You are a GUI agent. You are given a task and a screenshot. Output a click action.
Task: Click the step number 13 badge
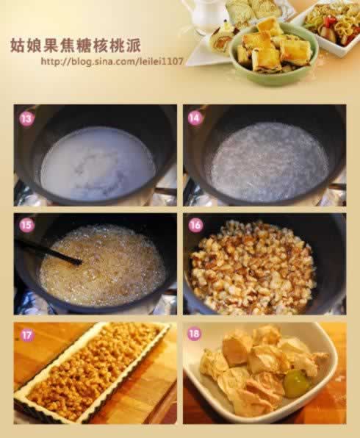26,119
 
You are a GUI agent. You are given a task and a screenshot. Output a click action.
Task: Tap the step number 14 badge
195,118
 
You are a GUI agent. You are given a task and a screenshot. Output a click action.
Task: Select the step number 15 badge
26,225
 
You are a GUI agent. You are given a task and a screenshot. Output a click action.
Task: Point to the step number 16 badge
195,225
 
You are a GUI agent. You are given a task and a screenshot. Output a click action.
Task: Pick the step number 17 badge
26,334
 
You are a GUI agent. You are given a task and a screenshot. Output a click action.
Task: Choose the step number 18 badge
194,334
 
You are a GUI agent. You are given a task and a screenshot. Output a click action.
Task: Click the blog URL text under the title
112,61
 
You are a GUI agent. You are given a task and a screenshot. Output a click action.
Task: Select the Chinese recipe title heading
76,46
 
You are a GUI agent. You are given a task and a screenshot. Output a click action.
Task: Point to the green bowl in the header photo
274,56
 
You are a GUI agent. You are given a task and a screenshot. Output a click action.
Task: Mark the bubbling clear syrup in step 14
269,162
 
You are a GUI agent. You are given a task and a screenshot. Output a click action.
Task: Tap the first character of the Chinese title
18,46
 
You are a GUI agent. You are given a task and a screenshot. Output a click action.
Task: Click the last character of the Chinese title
133,46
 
